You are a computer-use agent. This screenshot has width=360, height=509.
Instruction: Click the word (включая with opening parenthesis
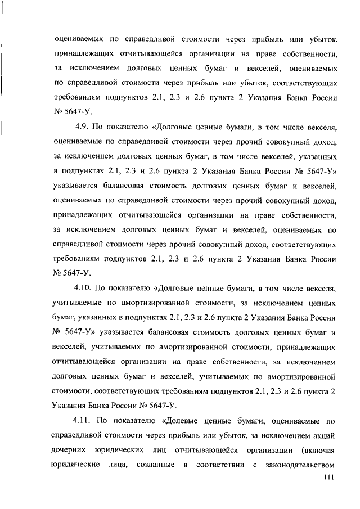click(x=319, y=450)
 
